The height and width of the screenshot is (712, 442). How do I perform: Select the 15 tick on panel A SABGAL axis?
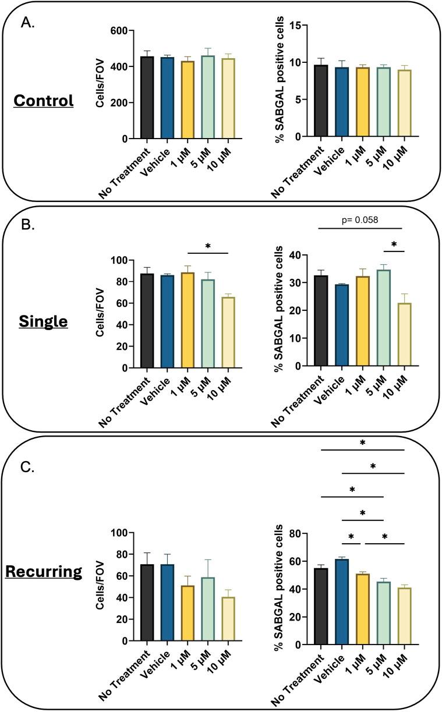[x=298, y=25]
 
